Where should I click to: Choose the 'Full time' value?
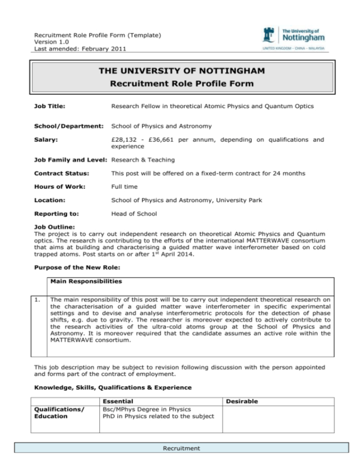[125, 186]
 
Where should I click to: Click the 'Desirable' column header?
[242, 401]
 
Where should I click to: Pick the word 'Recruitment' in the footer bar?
[181, 448]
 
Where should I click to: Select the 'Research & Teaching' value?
[143, 160]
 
